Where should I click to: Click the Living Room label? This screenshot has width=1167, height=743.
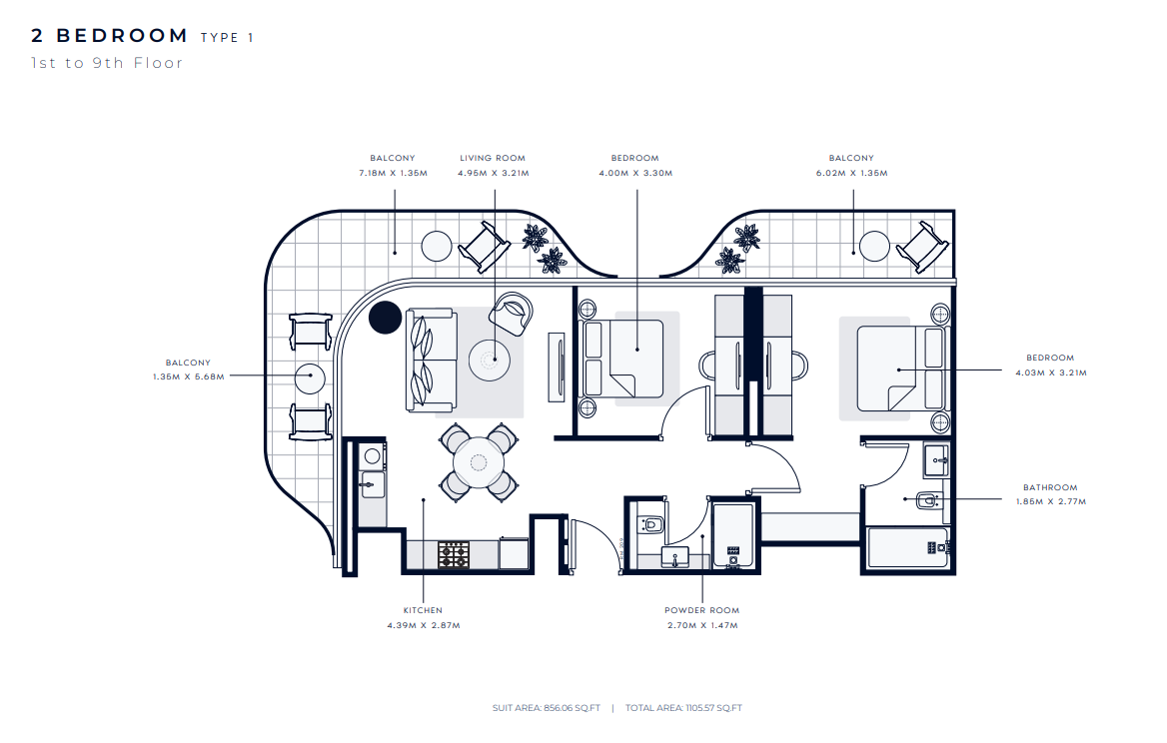tap(492, 158)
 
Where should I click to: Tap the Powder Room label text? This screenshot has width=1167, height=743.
tap(701, 610)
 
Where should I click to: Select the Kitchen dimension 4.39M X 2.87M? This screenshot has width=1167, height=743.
tap(424, 625)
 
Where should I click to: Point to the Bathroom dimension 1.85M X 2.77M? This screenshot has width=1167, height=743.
tap(1051, 502)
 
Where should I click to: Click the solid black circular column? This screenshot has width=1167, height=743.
tap(386, 318)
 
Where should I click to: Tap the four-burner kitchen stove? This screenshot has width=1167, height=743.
tap(454, 555)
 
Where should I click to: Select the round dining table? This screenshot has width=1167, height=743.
tap(479, 462)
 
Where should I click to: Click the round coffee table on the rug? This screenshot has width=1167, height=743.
tap(489, 361)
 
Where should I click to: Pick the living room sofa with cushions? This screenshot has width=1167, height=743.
tap(431, 360)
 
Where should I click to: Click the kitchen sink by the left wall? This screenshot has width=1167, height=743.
tap(372, 485)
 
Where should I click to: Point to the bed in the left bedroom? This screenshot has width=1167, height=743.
tap(623, 359)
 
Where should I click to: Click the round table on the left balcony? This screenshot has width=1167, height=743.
tap(310, 379)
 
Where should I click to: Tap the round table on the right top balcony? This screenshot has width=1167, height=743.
tap(874, 247)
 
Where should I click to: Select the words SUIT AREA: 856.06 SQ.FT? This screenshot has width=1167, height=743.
tap(547, 708)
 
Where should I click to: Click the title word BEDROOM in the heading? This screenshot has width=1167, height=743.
tap(122, 36)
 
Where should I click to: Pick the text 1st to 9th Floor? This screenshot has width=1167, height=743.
tap(107, 63)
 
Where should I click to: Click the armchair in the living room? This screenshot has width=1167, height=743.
tap(512, 314)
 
